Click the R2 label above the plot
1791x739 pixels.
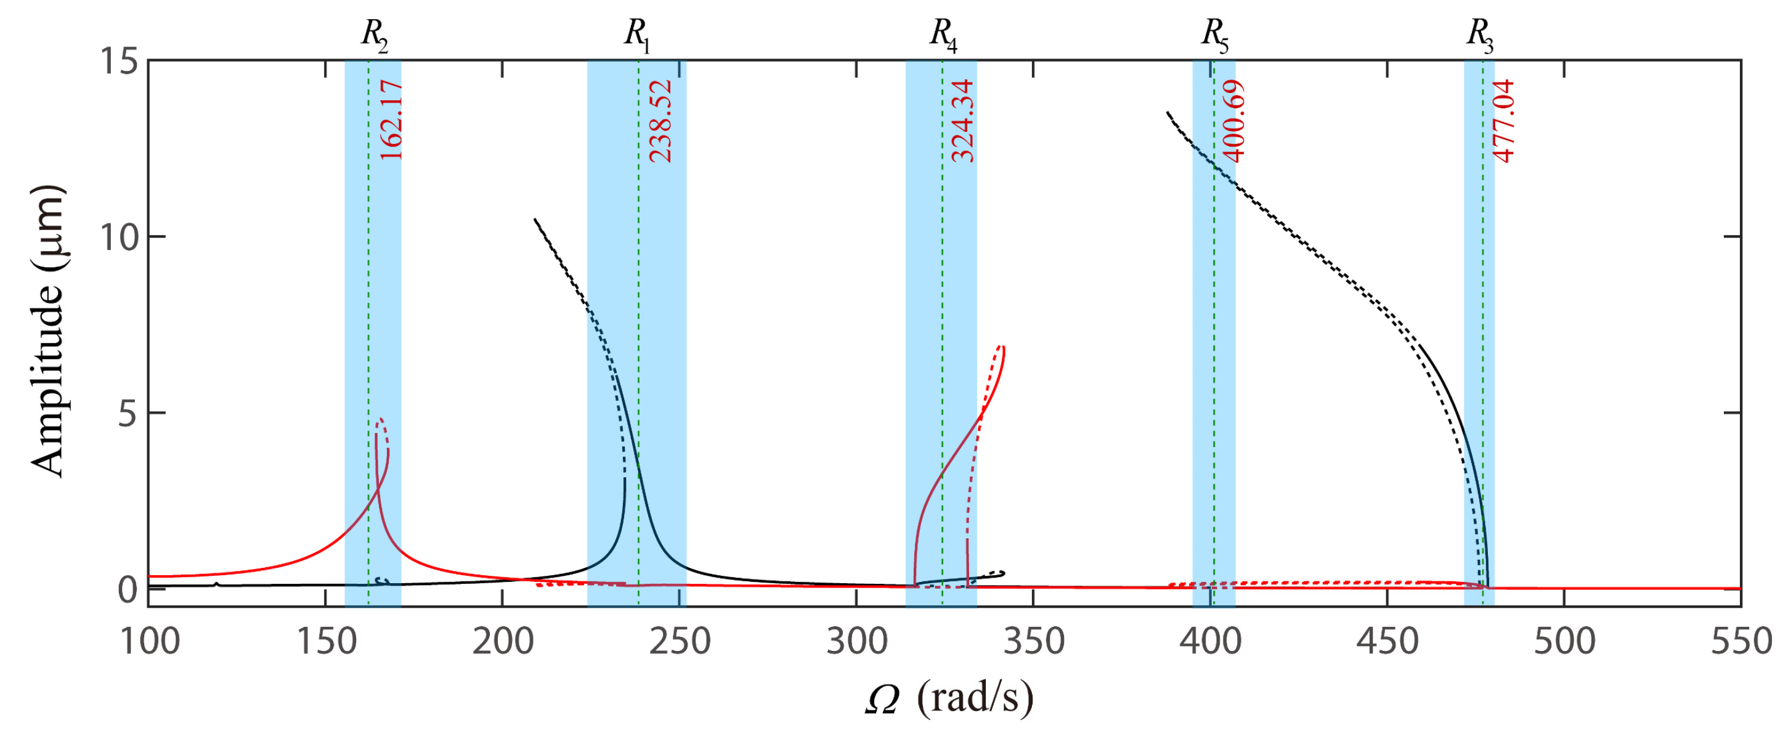point(373,34)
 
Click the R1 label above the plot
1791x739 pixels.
point(636,34)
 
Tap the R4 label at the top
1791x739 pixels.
point(943,34)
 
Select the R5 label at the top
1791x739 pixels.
point(1214,34)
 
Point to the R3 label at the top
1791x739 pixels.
point(1479,34)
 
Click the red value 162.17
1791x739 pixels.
point(391,120)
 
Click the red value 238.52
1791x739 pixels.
point(660,122)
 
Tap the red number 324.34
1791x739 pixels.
point(963,122)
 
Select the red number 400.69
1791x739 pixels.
point(1233,122)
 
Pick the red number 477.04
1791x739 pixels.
point(1504,122)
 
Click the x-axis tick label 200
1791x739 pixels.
point(502,642)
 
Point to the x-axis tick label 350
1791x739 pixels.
point(1033,642)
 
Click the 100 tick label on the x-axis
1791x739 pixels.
point(150,642)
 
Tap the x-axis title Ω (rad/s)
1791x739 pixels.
point(949,699)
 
